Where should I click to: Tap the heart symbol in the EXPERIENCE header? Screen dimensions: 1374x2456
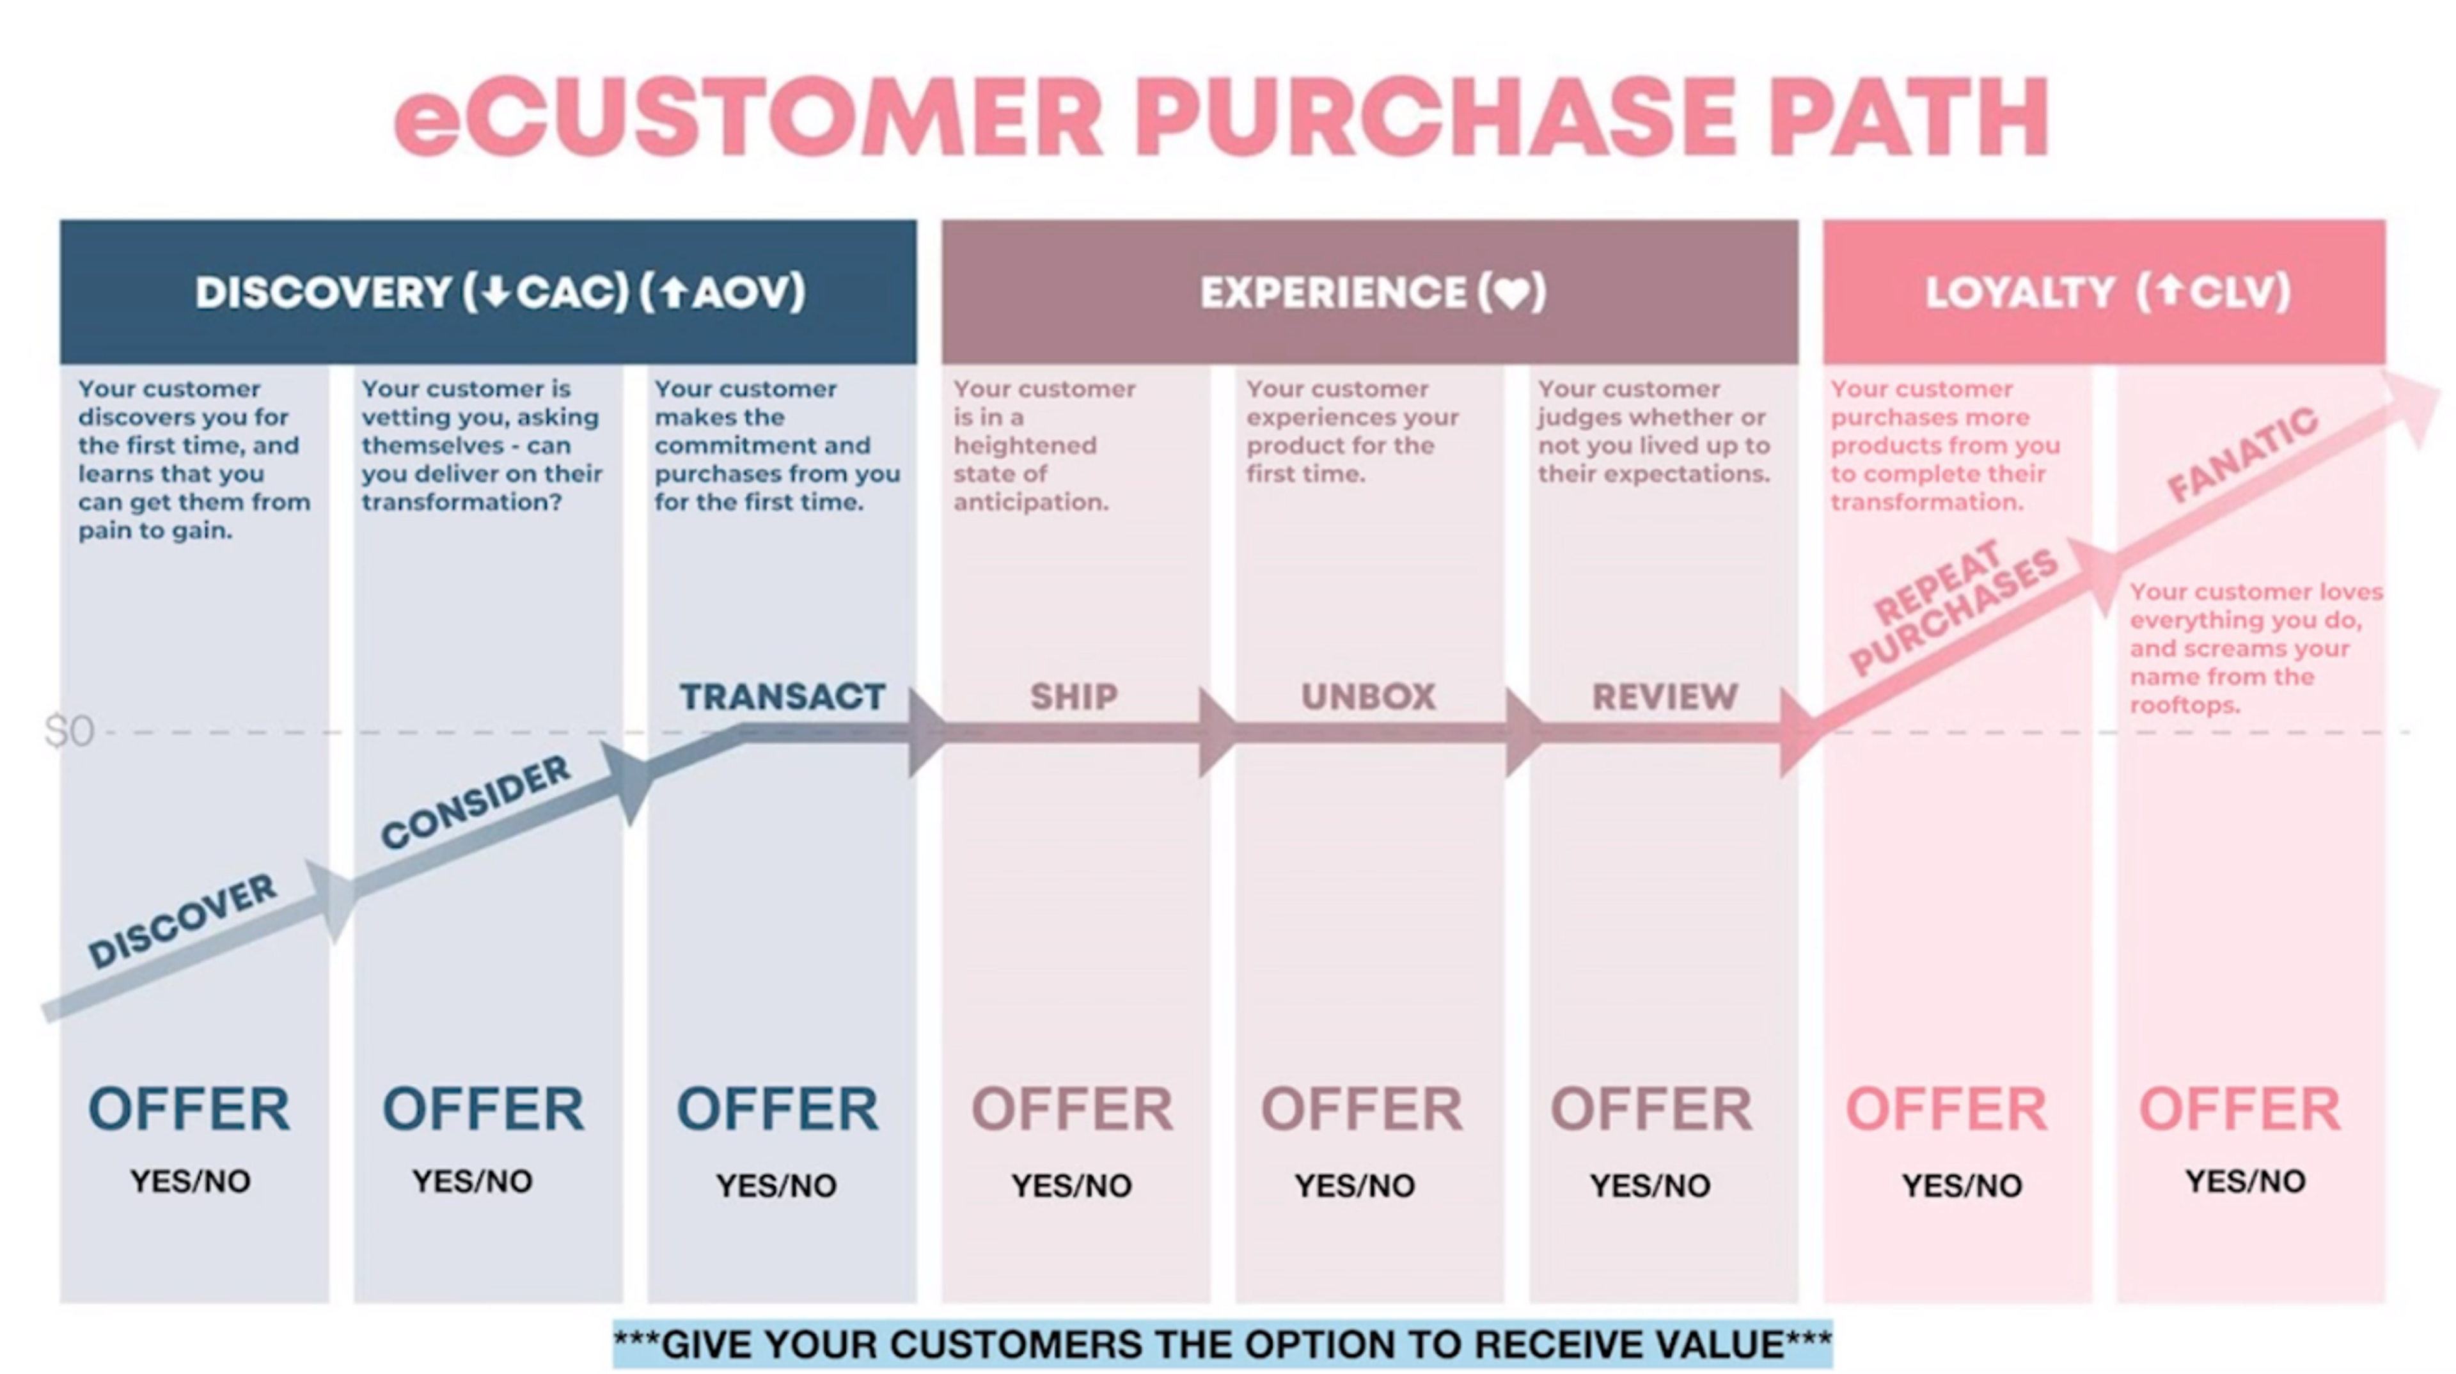[x=1512, y=293]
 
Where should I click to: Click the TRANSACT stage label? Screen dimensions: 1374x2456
[x=782, y=697]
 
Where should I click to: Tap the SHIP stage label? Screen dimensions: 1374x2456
[x=1074, y=697]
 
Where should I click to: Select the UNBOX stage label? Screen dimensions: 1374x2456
[x=1368, y=697]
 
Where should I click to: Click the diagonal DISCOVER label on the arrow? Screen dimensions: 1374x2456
[x=181, y=920]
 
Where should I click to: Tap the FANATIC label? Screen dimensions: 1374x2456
[x=2242, y=455]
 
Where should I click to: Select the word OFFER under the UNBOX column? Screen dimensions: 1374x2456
[x=1362, y=1109]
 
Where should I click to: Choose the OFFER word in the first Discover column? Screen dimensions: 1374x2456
[x=189, y=1109]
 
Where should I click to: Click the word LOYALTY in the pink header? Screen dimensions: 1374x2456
[x=2017, y=293]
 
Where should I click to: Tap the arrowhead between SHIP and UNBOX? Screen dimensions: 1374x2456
[x=1216, y=732]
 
